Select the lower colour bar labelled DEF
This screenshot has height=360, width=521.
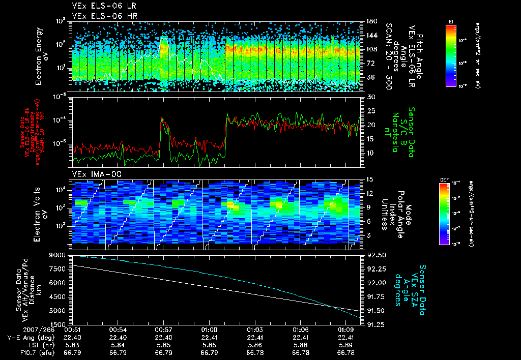point(444,214)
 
